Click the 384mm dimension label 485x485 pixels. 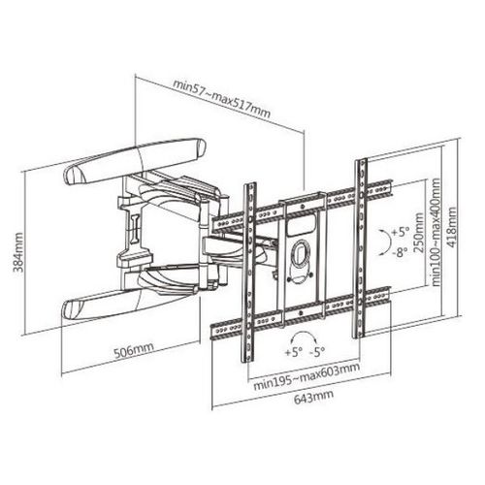tap(18, 252)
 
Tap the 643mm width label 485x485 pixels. tap(313, 397)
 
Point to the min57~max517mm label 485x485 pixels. tap(221, 98)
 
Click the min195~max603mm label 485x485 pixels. tap(306, 376)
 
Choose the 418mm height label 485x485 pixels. tap(451, 227)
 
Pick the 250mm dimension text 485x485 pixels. tap(418, 233)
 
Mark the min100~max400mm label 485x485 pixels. tap(436, 232)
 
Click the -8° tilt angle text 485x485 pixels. tap(400, 252)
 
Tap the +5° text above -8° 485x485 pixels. tap(400, 232)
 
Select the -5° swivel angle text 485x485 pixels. tap(317, 352)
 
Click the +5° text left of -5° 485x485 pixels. tap(293, 352)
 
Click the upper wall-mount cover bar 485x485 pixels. tap(135, 161)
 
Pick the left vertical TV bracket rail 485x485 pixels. tap(248, 273)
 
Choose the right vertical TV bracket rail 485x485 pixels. tap(361, 248)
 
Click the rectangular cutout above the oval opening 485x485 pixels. tap(301, 224)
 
